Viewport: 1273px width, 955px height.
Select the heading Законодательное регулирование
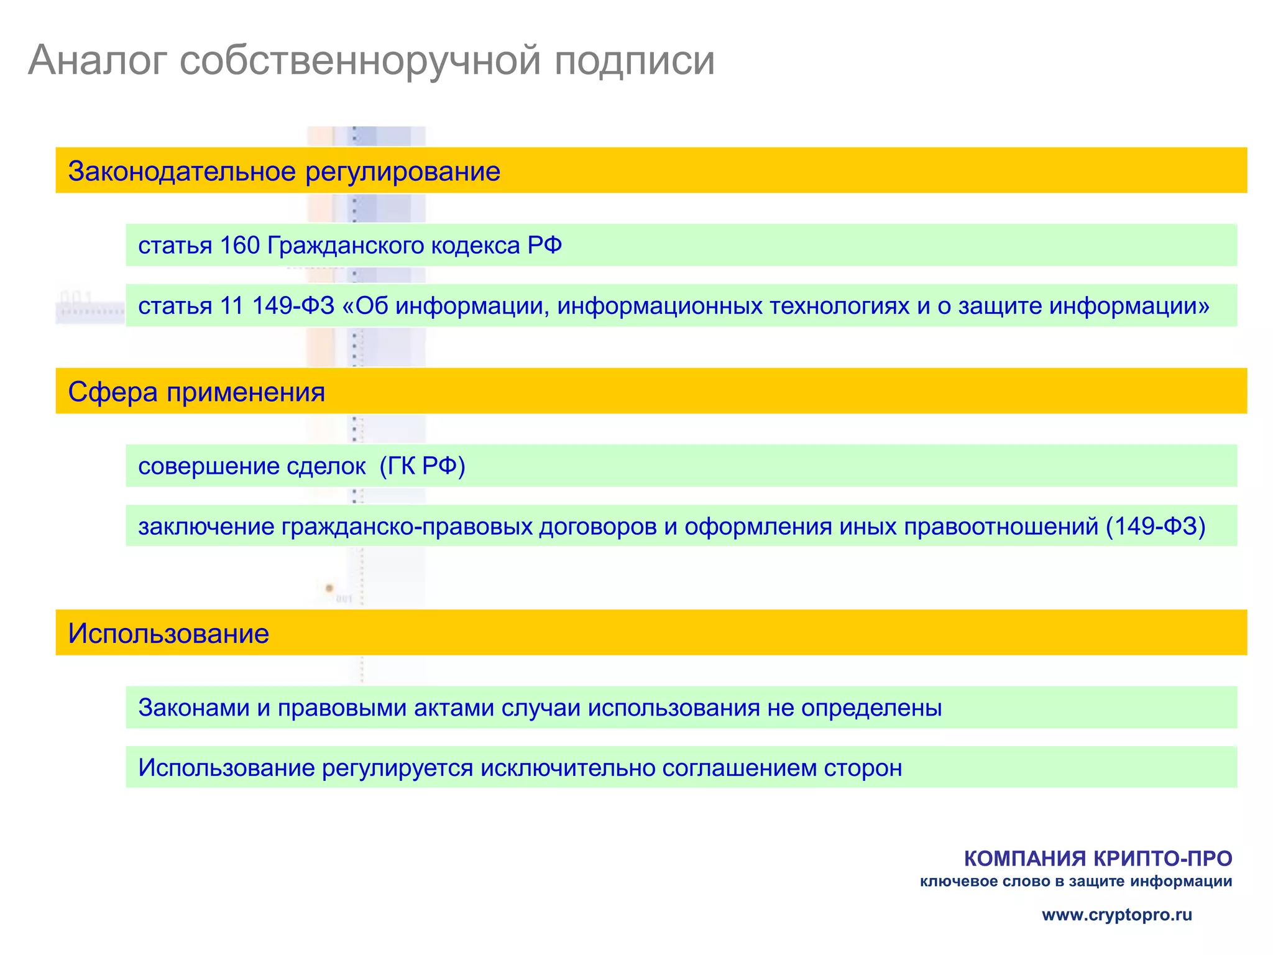pyautogui.click(x=284, y=172)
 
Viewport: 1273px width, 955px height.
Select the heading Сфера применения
pyautogui.click(x=196, y=392)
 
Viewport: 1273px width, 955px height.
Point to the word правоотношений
pyautogui.click(x=1001, y=527)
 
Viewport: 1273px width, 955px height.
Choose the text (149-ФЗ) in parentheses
pyautogui.click(x=1156, y=527)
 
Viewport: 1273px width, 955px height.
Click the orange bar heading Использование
pyautogui.click(x=168, y=634)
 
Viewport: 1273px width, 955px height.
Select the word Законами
pyautogui.click(x=194, y=708)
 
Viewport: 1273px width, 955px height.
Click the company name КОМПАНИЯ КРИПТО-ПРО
pyautogui.click(x=1098, y=859)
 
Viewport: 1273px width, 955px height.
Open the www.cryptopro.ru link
pyautogui.click(x=1117, y=915)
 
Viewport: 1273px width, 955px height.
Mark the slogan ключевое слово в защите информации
pyautogui.click(x=1076, y=882)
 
